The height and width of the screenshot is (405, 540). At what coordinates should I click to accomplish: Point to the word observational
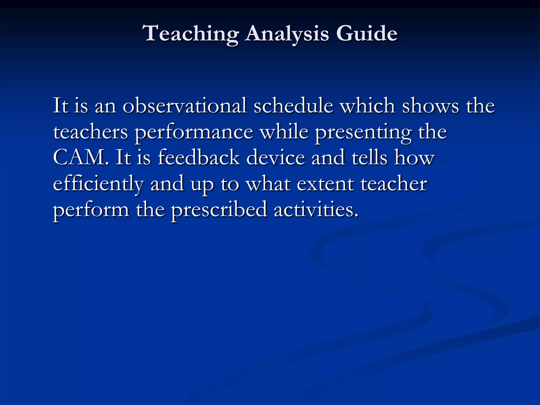(185, 105)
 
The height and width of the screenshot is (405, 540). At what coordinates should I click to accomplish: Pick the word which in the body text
(368, 105)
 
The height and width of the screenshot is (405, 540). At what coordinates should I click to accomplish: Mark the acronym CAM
(81, 157)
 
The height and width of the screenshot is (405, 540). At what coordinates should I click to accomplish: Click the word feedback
(199, 157)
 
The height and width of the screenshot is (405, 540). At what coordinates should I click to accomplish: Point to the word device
(276, 157)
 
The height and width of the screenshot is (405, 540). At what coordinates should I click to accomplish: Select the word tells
(369, 157)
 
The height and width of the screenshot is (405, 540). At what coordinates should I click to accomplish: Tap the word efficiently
(98, 184)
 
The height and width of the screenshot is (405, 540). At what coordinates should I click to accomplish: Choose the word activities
(316, 210)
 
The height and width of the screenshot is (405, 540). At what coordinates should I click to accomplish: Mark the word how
(414, 157)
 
